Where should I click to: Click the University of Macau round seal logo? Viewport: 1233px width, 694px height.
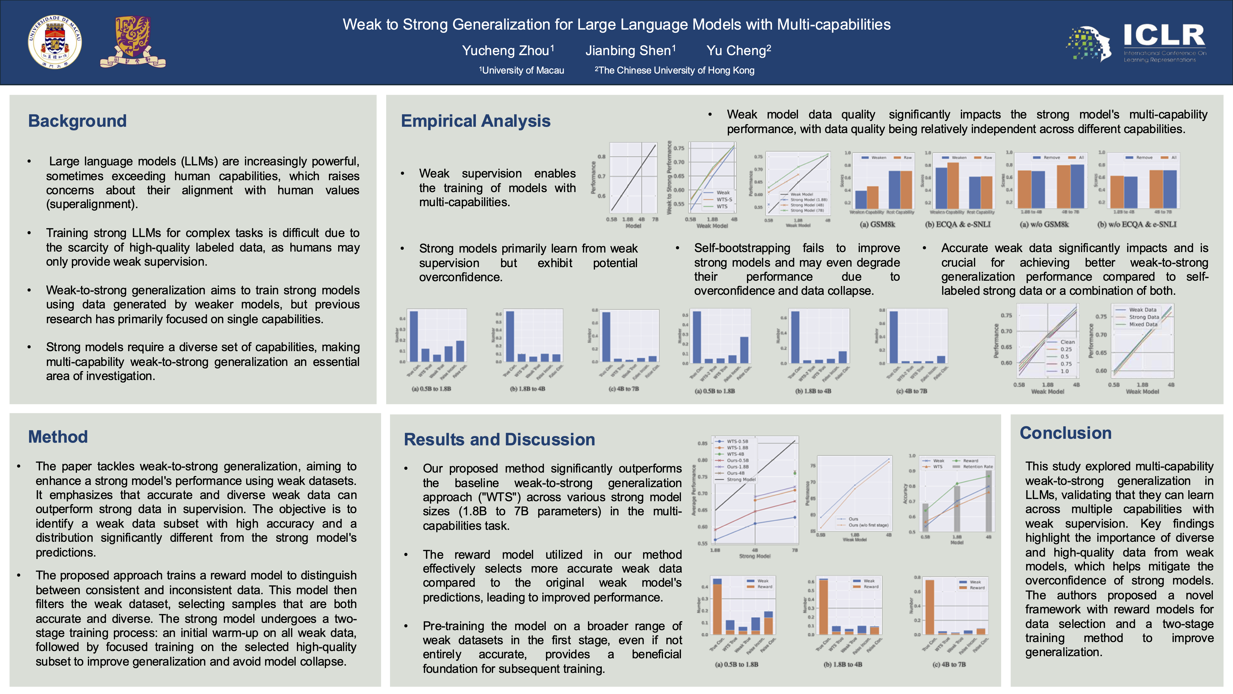(x=55, y=42)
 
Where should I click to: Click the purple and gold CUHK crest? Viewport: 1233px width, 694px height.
(x=133, y=42)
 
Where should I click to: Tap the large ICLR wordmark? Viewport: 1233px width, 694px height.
(x=1164, y=35)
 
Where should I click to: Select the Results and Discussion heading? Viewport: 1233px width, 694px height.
(x=499, y=439)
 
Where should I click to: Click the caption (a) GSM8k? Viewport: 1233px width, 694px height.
(x=877, y=224)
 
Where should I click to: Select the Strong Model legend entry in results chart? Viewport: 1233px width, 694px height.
(x=741, y=479)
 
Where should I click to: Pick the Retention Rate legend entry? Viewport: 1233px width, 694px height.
(x=977, y=467)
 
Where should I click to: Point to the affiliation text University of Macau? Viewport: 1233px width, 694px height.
(x=523, y=70)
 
